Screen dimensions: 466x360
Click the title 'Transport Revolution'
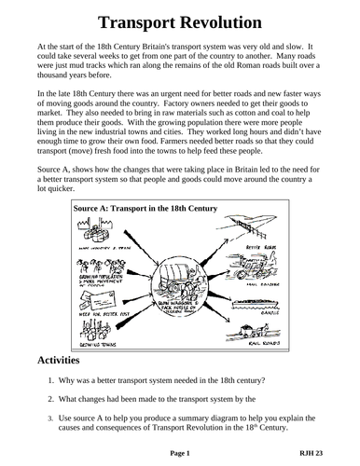pyautogui.click(x=180, y=21)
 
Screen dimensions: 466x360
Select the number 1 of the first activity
pyautogui.click(x=50, y=379)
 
